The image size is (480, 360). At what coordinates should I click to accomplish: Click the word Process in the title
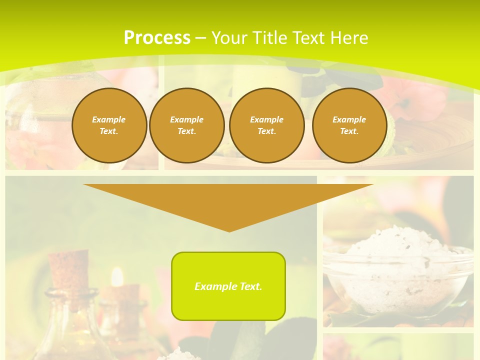coord(157,38)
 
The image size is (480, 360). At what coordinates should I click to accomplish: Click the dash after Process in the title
coord(200,38)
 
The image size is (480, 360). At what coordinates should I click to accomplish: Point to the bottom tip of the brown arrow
coord(229,230)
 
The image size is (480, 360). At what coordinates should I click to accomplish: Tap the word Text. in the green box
coord(250,286)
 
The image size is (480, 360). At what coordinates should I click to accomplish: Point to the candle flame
coord(117,276)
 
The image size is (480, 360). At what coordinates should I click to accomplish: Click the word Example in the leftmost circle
coord(109,119)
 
